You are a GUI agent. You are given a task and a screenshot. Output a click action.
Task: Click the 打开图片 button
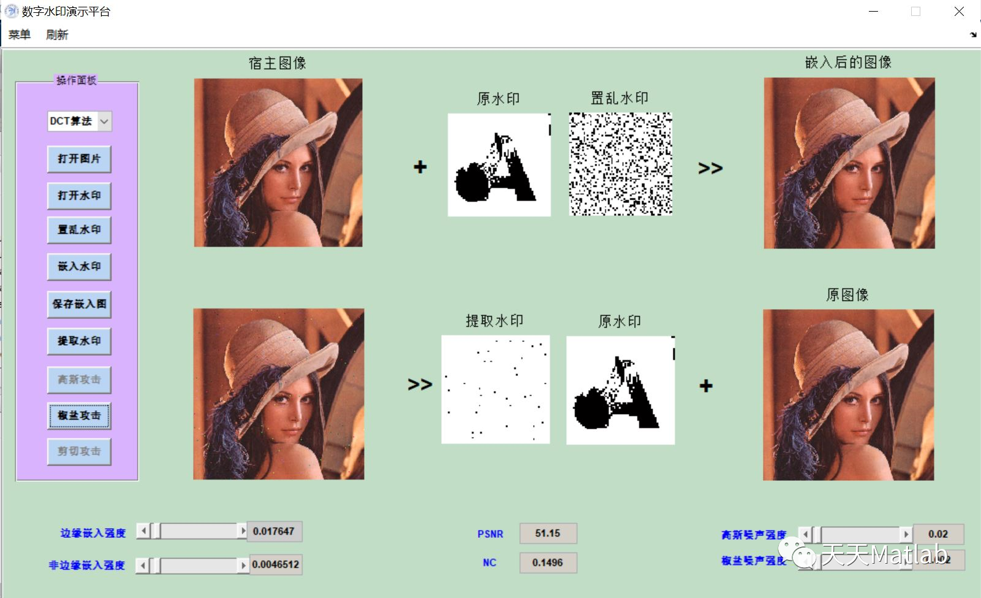[79, 159]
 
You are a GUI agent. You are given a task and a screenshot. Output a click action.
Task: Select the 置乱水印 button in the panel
[79, 230]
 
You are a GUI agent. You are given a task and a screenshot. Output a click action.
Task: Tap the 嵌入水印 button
[79, 267]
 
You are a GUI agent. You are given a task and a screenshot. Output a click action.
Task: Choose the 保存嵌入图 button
[79, 304]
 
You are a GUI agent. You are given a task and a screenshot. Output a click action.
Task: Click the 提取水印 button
[79, 341]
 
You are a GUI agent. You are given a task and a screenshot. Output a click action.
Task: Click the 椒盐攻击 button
[79, 416]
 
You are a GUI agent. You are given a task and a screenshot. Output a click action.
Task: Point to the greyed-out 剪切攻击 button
[79, 451]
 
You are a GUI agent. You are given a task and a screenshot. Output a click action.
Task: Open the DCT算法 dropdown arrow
[104, 121]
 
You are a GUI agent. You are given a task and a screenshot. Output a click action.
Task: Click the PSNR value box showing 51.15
[548, 534]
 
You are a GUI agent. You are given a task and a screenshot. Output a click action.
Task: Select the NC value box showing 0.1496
[548, 562]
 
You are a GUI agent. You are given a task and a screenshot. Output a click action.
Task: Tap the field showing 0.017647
[275, 531]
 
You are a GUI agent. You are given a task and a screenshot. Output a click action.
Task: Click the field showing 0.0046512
[276, 564]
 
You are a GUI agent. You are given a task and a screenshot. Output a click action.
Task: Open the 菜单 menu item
[20, 35]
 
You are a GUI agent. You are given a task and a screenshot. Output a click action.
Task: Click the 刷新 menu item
[57, 35]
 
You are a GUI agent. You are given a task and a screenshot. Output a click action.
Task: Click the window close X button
[959, 12]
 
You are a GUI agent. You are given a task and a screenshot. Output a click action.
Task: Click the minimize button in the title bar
[874, 12]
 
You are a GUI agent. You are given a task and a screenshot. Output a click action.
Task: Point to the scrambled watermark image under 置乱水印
[620, 164]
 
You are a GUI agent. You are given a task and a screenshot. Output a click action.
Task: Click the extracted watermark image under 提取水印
[495, 389]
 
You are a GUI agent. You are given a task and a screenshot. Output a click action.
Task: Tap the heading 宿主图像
[278, 63]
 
